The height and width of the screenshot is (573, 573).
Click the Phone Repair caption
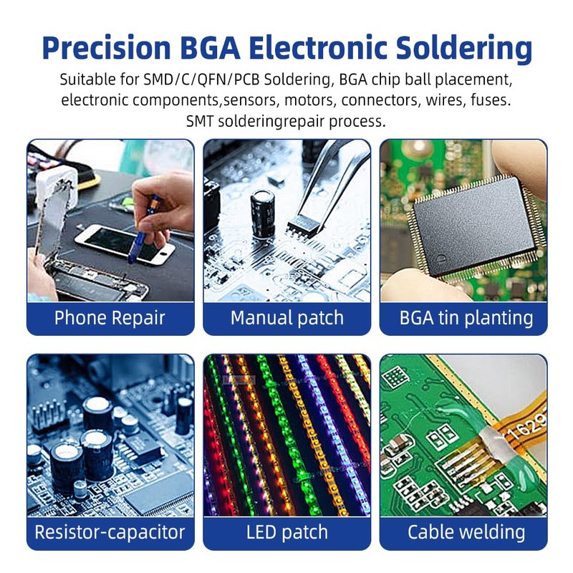click(110, 318)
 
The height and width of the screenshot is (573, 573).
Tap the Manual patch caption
click(286, 318)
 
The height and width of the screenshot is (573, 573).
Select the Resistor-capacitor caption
click(110, 532)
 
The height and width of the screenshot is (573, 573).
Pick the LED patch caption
click(286, 532)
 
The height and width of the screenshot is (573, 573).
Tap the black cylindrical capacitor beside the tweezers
click(262, 213)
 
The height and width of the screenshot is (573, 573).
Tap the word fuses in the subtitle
click(489, 100)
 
